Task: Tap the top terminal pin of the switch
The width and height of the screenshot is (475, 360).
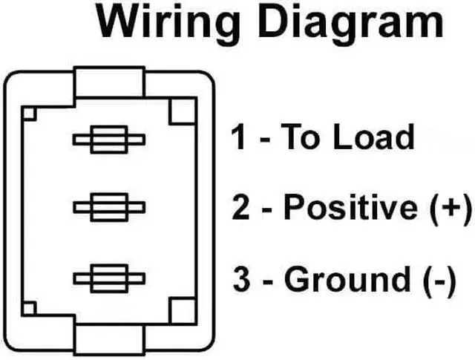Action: [x=108, y=140]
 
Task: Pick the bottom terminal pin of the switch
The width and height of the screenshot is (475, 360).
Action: [x=108, y=278]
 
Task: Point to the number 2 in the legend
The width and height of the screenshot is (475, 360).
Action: [x=240, y=208]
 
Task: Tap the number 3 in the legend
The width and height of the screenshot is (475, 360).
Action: [x=240, y=280]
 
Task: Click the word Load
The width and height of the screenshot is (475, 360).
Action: [x=373, y=138]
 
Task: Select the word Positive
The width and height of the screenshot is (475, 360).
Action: [x=352, y=208]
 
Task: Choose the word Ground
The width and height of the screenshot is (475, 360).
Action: [x=347, y=280]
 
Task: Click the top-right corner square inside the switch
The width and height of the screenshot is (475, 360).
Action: [x=182, y=112]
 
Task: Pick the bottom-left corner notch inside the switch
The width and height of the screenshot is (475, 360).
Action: [x=30, y=309]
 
